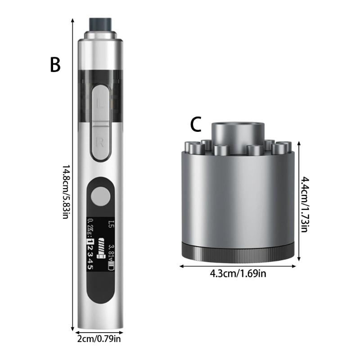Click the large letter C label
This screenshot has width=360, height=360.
(196, 124)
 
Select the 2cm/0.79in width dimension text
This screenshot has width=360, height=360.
(99, 339)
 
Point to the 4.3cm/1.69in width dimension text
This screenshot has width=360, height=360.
(238, 274)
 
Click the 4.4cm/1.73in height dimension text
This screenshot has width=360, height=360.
(305, 204)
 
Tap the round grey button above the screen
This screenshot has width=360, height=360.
(100, 196)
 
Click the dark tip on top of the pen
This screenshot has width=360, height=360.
(100, 24)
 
